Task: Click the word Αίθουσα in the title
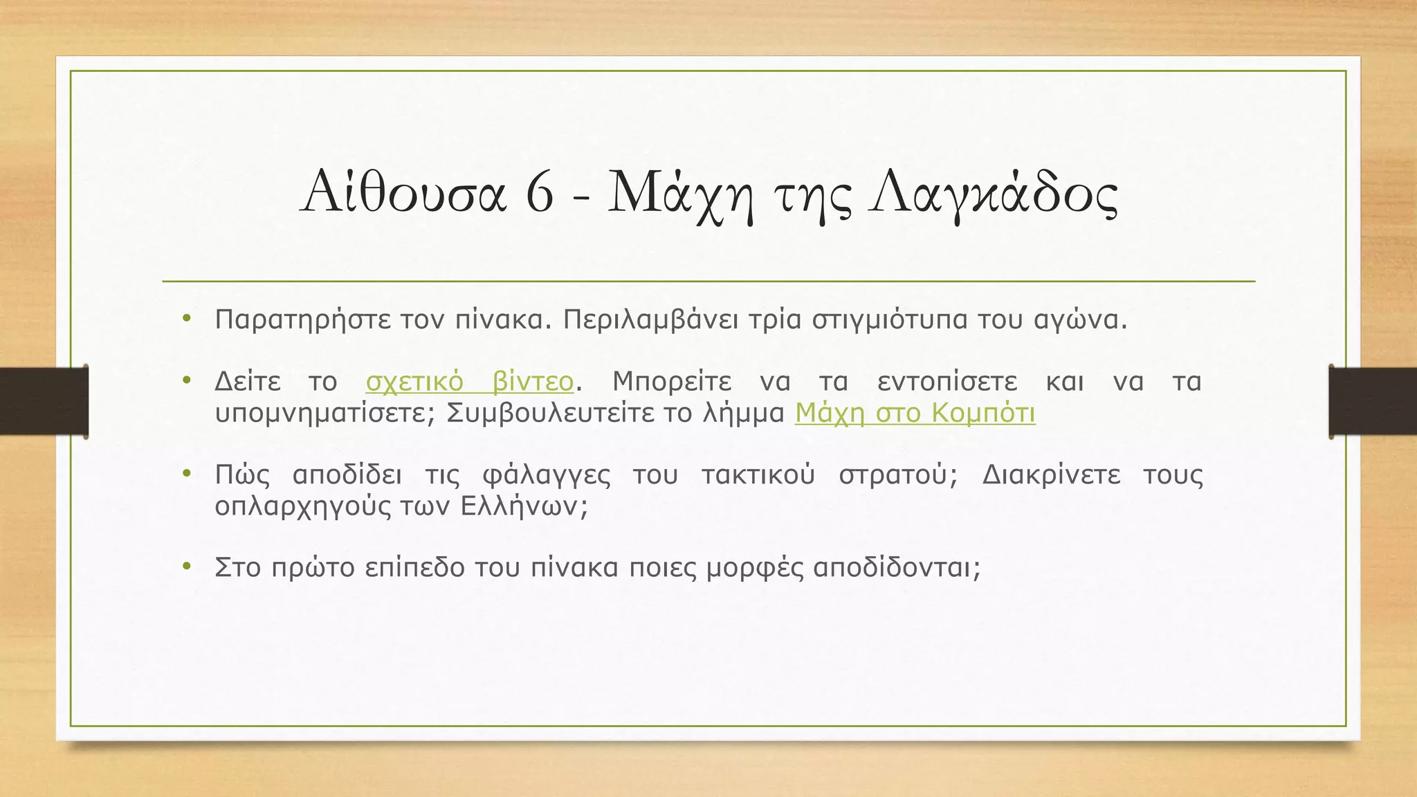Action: (404, 192)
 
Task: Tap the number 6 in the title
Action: (540, 193)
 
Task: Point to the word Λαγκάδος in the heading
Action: (994, 193)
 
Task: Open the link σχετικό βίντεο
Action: (470, 381)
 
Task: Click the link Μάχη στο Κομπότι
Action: (915, 413)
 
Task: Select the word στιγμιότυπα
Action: (889, 320)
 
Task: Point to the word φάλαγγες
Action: (546, 475)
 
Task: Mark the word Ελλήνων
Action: (524, 506)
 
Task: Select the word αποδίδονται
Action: (897, 567)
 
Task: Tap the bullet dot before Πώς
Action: (185, 474)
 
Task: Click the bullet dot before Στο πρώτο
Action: (185, 567)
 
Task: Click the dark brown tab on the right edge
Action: (1373, 401)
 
